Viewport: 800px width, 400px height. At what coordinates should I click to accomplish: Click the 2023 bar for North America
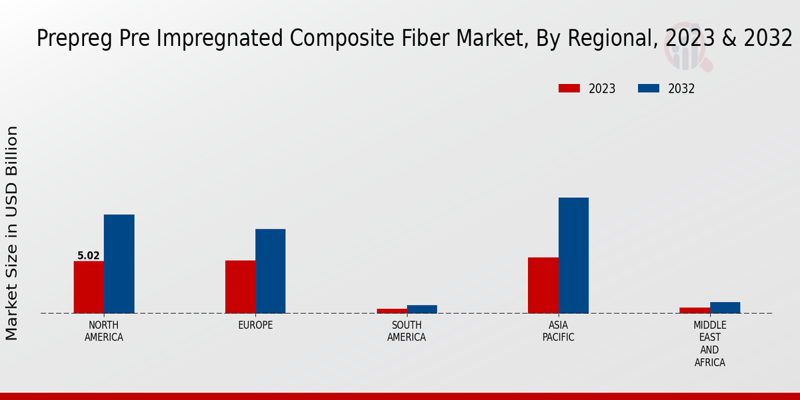(89, 287)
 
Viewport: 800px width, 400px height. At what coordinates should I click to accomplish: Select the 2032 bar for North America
(119, 264)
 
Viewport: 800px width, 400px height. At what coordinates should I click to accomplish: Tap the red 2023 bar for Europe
(240, 287)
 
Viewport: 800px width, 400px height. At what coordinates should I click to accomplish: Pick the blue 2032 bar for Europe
(270, 271)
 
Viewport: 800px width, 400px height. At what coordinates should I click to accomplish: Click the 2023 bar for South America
(391, 311)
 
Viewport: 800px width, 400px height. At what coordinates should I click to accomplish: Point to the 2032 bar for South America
(422, 309)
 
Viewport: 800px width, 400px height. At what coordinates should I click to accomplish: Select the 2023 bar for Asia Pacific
(543, 285)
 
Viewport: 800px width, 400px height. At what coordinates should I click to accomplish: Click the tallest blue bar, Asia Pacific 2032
(573, 255)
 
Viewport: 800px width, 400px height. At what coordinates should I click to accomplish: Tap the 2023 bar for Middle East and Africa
(695, 310)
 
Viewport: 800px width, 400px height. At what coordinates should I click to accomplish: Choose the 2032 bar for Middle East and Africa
(725, 307)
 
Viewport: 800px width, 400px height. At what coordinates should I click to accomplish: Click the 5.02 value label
(89, 255)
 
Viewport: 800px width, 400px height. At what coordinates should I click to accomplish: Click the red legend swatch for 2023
(569, 89)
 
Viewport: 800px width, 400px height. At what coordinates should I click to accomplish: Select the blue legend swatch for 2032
(649, 89)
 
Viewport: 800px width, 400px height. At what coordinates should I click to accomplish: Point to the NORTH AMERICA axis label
(104, 331)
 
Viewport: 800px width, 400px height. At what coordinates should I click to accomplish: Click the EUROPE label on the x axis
(255, 325)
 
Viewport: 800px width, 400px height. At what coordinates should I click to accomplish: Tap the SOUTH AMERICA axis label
(407, 331)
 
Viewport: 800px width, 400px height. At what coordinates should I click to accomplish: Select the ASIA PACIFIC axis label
(558, 331)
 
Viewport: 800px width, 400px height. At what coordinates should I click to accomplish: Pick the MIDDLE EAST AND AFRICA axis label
(709, 343)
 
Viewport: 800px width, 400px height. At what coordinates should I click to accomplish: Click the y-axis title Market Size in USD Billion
(12, 233)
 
